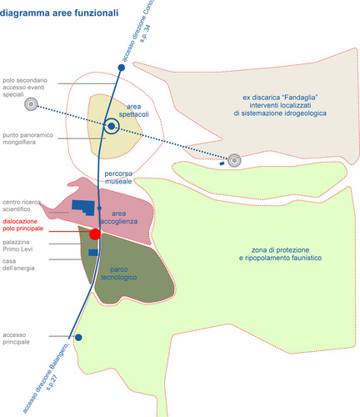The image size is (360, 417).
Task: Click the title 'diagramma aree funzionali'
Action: [59, 13]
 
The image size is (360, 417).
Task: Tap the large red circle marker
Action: [95, 234]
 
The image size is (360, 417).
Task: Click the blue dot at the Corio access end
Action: [122, 68]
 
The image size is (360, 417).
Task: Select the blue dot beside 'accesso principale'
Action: [78, 338]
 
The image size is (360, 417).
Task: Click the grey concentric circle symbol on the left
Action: [31, 104]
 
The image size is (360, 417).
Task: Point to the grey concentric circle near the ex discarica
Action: [234, 160]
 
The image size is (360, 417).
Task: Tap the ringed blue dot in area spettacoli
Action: [112, 126]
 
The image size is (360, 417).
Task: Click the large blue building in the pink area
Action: [83, 208]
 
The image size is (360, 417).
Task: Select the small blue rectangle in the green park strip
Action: [93, 253]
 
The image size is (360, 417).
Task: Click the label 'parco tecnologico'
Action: [119, 274]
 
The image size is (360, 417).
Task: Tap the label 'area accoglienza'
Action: [119, 218]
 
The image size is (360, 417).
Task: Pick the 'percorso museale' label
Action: [118, 178]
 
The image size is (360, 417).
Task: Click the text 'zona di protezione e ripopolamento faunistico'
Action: [280, 254]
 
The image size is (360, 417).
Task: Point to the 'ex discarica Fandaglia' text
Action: [280, 105]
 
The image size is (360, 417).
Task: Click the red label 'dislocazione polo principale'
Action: [23, 225]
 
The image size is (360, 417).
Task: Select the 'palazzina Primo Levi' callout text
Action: [17, 245]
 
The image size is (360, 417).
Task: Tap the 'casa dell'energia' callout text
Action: [18, 264]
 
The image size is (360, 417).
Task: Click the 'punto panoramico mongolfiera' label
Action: [27, 138]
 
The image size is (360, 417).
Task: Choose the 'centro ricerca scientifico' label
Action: [22, 205]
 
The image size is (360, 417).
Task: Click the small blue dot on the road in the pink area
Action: [99, 208]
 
